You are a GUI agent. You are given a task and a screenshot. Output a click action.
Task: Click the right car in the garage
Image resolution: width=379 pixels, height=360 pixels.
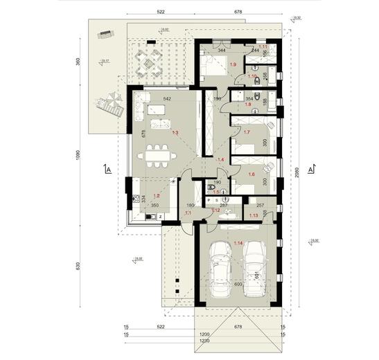click(254, 267)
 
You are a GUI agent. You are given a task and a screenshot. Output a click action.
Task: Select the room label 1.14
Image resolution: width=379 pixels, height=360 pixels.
click(238, 243)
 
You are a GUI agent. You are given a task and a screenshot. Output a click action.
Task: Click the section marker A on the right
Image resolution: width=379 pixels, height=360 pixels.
click(310, 168)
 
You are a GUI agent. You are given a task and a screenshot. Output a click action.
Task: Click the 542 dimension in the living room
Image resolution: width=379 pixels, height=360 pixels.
click(166, 99)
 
